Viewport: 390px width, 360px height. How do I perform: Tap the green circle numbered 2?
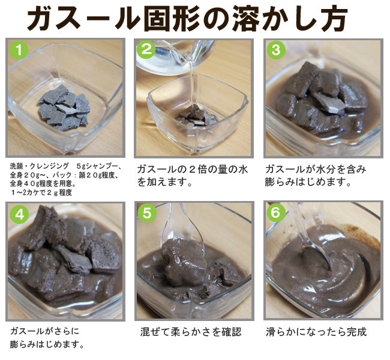pos(146,50)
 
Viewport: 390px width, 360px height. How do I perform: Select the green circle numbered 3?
pos(275,50)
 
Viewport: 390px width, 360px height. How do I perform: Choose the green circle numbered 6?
pos(275,214)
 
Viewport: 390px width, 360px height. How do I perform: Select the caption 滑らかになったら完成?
pos(316,331)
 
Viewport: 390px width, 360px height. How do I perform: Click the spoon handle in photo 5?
pos(175,219)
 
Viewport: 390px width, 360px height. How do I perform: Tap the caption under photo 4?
pos(47,337)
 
